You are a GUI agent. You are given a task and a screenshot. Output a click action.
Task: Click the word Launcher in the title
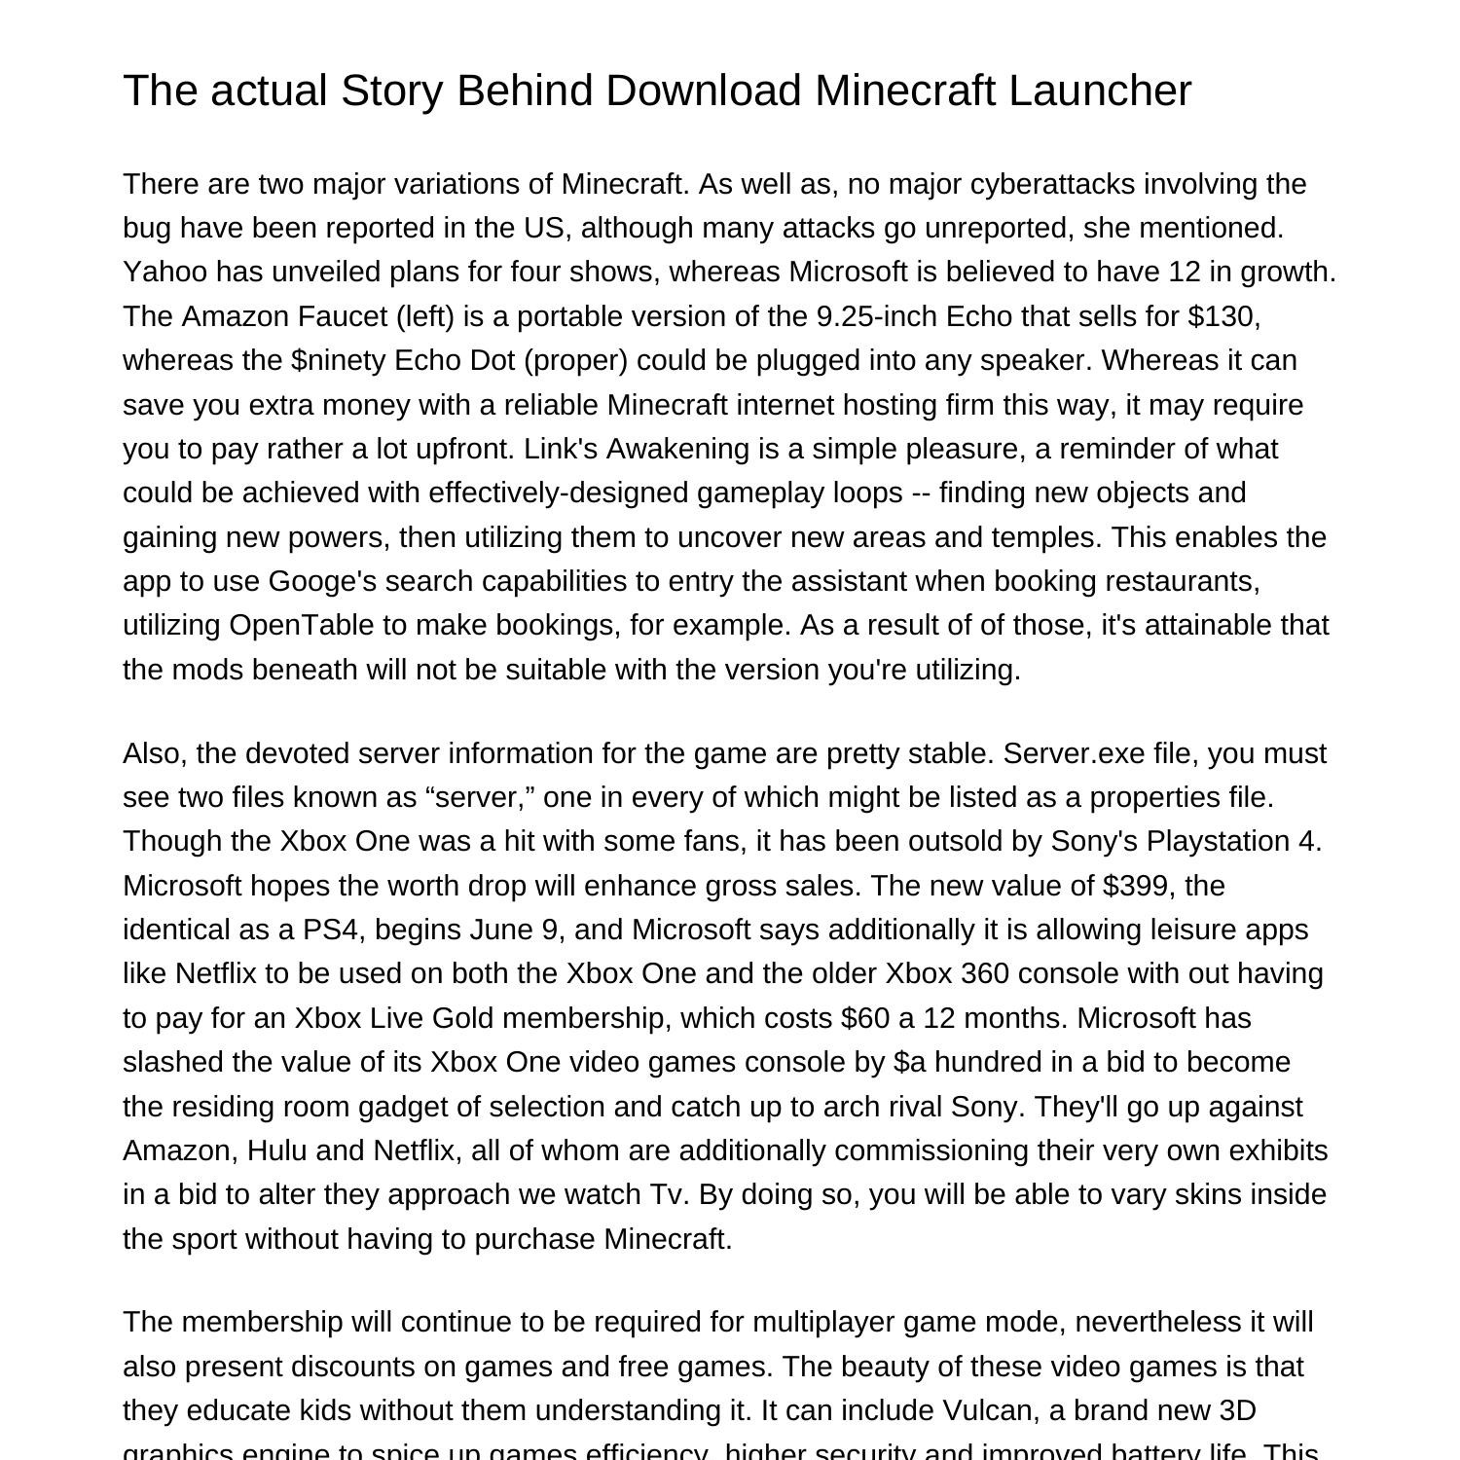click(1099, 91)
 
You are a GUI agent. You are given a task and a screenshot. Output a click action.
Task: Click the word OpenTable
click(301, 625)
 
